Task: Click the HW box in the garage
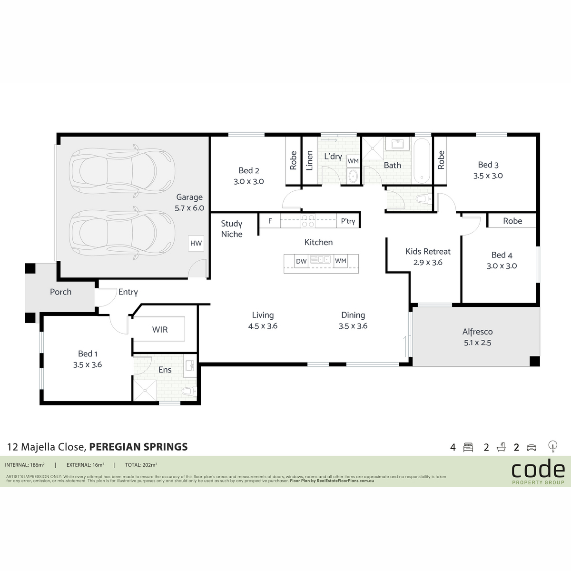click(196, 243)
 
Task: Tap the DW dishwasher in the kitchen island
click(301, 261)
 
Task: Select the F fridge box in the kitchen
click(270, 221)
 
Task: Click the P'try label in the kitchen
click(348, 221)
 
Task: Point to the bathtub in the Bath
click(422, 161)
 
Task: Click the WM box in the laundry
click(353, 161)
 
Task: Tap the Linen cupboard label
click(309, 161)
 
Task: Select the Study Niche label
click(232, 229)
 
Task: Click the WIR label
click(160, 329)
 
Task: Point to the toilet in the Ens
click(189, 391)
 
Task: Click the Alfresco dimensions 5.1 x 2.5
click(477, 343)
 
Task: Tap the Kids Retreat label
click(428, 252)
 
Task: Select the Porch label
click(61, 292)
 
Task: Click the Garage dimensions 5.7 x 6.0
click(189, 208)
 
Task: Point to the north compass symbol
click(552, 446)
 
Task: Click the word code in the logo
click(538, 469)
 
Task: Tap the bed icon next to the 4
click(468, 447)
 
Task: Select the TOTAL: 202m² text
click(141, 465)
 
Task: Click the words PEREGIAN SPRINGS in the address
click(138, 446)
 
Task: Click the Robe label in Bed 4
click(512, 221)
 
